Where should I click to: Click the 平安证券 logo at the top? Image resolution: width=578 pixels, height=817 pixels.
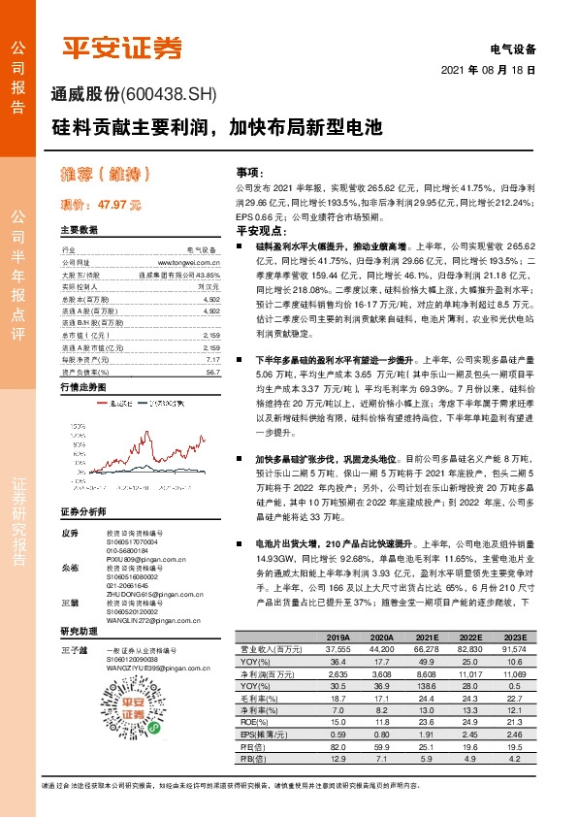(x=122, y=49)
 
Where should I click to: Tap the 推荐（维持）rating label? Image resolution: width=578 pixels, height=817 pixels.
(x=106, y=177)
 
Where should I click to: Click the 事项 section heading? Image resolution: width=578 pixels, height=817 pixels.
(x=248, y=171)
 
